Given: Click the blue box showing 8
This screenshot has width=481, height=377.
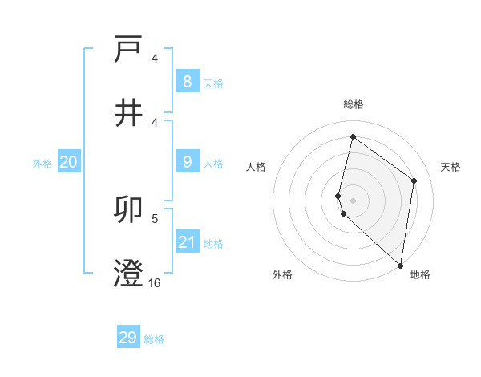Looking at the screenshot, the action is [187, 81].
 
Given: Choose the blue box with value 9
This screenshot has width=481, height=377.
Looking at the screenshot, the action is [187, 162].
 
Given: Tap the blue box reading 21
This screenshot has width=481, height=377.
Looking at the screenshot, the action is [187, 242].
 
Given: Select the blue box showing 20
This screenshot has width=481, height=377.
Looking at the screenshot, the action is [68, 162].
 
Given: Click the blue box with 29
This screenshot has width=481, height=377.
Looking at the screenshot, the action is [128, 338].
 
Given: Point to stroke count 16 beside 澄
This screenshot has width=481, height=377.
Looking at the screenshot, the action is [155, 282].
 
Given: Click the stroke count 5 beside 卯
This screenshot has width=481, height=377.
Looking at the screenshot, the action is [155, 218].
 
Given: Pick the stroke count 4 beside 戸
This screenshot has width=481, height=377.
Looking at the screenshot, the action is [155, 58].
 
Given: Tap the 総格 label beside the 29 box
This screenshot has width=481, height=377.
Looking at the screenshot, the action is [154, 339].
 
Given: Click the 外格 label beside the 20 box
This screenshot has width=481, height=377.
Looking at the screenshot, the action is [42, 164].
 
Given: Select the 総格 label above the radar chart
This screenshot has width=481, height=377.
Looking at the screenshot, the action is [354, 104].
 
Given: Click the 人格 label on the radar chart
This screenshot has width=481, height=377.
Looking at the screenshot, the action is [257, 167].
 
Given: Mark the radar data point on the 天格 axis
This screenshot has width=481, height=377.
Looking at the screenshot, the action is [414, 180].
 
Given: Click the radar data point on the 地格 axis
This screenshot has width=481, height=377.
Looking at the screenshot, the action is [400, 265].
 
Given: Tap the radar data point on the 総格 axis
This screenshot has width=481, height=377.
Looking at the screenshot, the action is [353, 136].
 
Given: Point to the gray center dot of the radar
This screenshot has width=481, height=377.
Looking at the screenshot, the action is [353, 200].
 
